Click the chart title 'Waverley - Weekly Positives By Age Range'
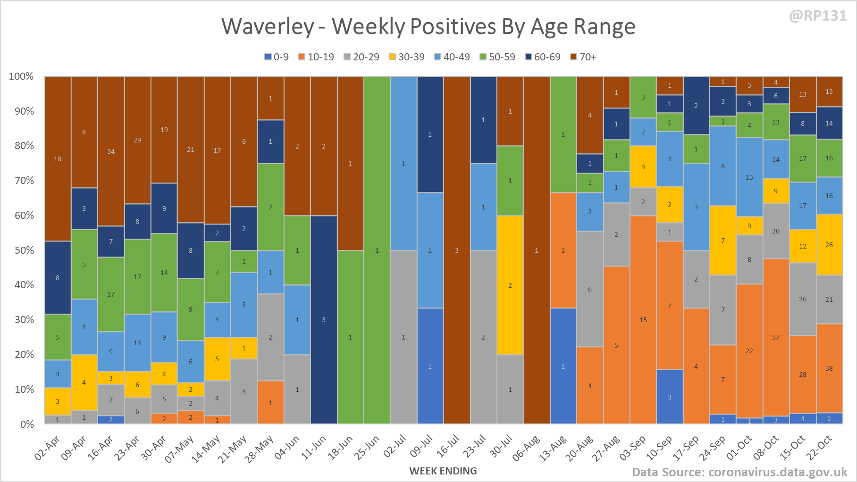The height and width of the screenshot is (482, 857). (x=428, y=26)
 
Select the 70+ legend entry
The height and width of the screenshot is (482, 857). (x=583, y=57)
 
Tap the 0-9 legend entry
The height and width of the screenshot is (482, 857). (x=277, y=57)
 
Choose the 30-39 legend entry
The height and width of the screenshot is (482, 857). (x=406, y=57)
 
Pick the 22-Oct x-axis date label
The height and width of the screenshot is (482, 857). (x=820, y=447)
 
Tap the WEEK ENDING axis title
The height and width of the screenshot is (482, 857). (x=443, y=471)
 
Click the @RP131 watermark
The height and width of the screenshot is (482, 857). (x=818, y=16)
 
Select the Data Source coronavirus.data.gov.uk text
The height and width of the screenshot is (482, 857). (x=739, y=472)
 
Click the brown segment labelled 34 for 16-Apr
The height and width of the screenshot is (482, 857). (x=111, y=151)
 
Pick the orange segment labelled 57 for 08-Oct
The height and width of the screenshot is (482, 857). (x=776, y=337)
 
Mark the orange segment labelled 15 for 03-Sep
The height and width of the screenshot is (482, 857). (x=643, y=320)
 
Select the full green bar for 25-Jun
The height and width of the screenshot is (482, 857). (x=377, y=250)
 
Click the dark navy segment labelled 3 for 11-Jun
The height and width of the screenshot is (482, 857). (x=324, y=320)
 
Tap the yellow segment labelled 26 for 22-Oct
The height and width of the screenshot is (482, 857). (x=829, y=245)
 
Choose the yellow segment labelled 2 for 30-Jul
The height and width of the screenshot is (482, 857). (x=510, y=285)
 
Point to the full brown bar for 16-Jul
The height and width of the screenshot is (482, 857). (x=457, y=250)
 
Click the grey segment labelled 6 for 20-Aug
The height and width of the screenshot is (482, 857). (x=590, y=289)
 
